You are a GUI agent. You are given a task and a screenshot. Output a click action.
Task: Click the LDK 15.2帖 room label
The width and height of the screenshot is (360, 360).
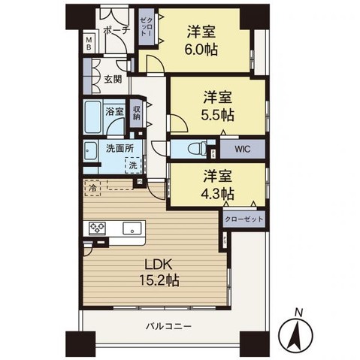(x=159, y=272)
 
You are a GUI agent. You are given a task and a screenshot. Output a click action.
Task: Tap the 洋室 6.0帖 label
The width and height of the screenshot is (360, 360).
(x=201, y=41)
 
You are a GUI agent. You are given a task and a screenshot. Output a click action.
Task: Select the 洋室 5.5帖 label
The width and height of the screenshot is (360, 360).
(x=217, y=106)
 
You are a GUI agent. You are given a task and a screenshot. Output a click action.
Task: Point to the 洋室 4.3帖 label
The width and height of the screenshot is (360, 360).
(x=217, y=184)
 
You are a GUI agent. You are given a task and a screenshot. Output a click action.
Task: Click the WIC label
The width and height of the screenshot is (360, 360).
(x=242, y=149)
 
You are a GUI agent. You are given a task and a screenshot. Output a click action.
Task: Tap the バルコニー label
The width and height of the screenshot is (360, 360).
(x=169, y=326)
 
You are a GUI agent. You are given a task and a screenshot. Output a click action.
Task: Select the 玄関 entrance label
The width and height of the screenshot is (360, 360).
(x=113, y=80)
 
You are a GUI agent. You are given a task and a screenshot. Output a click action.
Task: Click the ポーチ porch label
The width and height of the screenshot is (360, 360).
(x=116, y=30)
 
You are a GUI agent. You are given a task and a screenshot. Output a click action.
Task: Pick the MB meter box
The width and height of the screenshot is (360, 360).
(x=89, y=43)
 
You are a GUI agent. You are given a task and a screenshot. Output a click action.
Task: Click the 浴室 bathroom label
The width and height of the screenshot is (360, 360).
(x=114, y=111)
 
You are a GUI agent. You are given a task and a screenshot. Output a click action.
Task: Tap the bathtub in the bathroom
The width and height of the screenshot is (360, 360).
(x=92, y=117)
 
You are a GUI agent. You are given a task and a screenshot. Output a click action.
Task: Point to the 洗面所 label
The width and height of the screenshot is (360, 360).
(x=119, y=149)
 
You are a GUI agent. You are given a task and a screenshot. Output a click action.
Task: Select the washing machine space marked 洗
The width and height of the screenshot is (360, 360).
(x=133, y=165)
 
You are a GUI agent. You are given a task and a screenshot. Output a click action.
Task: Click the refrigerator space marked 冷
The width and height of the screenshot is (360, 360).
(x=93, y=188)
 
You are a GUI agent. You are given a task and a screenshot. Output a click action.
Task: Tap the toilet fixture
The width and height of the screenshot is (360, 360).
(x=197, y=150)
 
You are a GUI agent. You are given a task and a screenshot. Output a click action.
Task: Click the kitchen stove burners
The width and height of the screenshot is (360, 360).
(x=98, y=228)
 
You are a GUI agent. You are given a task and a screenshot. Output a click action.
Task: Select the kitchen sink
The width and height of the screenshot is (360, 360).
(x=132, y=228)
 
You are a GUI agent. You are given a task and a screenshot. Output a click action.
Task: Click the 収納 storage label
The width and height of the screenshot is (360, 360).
(x=136, y=113)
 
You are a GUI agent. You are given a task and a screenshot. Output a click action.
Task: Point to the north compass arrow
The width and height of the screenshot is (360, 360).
(x=296, y=334)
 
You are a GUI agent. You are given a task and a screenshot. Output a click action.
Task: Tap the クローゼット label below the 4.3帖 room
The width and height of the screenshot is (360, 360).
(x=244, y=219)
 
